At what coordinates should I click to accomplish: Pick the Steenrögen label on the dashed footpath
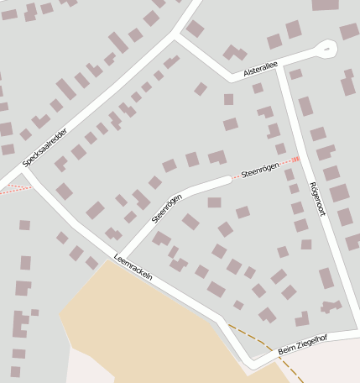(x=258, y=171)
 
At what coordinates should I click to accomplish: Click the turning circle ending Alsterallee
(x=327, y=49)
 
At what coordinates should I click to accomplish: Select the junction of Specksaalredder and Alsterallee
(x=176, y=35)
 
